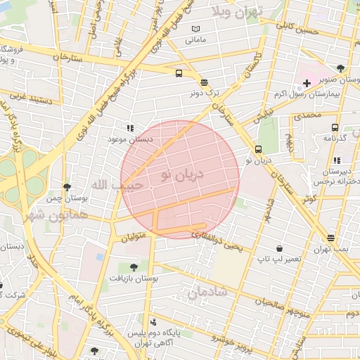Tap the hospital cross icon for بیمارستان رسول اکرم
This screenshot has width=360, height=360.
(307, 83)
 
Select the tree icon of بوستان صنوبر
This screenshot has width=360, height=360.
(340, 68)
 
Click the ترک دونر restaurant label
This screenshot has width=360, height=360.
(205, 92)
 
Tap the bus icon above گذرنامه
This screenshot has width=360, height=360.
(334, 128)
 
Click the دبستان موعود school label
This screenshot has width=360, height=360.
(129, 139)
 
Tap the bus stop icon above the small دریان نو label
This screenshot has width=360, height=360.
(259, 149)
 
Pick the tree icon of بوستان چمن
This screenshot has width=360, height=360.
(67, 187)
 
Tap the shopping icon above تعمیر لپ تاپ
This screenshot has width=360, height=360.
(280, 249)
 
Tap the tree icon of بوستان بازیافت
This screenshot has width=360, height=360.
(134, 266)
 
